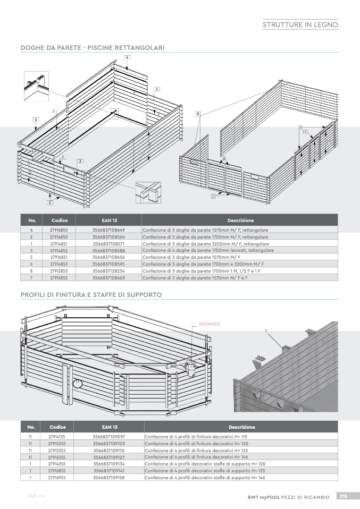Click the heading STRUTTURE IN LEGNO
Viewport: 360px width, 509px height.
click(300, 24)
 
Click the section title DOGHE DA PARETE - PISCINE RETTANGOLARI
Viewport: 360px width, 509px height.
click(92, 48)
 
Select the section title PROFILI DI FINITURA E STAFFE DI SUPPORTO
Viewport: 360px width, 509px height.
click(91, 294)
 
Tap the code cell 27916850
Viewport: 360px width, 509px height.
click(59, 230)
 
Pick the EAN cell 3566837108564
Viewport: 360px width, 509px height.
click(108, 236)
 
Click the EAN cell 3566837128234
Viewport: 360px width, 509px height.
click(108, 270)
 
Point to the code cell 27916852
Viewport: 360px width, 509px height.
click(59, 277)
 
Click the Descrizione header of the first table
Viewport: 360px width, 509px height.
click(240, 220)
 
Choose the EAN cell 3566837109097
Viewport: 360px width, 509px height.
click(108, 436)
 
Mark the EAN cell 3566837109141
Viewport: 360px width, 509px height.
click(108, 470)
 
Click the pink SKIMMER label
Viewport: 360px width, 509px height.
click(209, 324)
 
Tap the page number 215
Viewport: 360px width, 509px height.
click(344, 496)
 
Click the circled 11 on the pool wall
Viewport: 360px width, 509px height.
click(78, 382)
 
